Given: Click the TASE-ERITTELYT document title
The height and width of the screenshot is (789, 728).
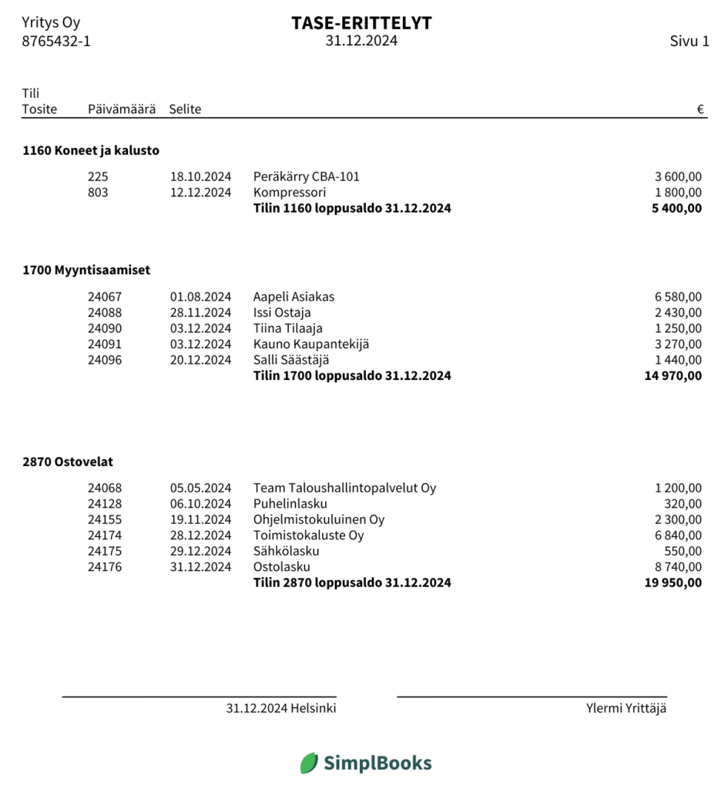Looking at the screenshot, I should point(361,23).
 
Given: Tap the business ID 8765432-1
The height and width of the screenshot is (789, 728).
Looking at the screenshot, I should point(56,42).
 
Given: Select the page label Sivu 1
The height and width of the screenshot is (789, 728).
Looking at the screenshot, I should point(689,42).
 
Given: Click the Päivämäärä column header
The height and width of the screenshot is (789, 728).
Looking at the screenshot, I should point(122,109).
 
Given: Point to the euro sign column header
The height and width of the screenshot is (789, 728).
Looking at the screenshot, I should point(700,109).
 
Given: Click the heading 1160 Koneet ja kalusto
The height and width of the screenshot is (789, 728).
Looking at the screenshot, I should point(91,151).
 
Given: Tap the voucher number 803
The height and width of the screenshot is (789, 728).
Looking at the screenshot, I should point(98,193).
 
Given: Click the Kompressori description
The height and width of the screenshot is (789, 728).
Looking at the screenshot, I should point(290,193).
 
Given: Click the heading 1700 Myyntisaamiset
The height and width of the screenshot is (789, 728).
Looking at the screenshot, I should point(86,270).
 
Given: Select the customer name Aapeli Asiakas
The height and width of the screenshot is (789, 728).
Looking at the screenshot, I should point(294,297).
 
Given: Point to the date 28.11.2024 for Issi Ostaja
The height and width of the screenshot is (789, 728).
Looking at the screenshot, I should point(200,313).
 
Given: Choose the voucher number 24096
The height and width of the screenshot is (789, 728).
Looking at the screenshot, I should point(105,360).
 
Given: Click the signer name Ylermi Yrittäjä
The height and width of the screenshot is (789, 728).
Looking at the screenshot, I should point(626,709).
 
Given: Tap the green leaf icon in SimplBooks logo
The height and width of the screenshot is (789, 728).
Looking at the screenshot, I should point(309,764).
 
